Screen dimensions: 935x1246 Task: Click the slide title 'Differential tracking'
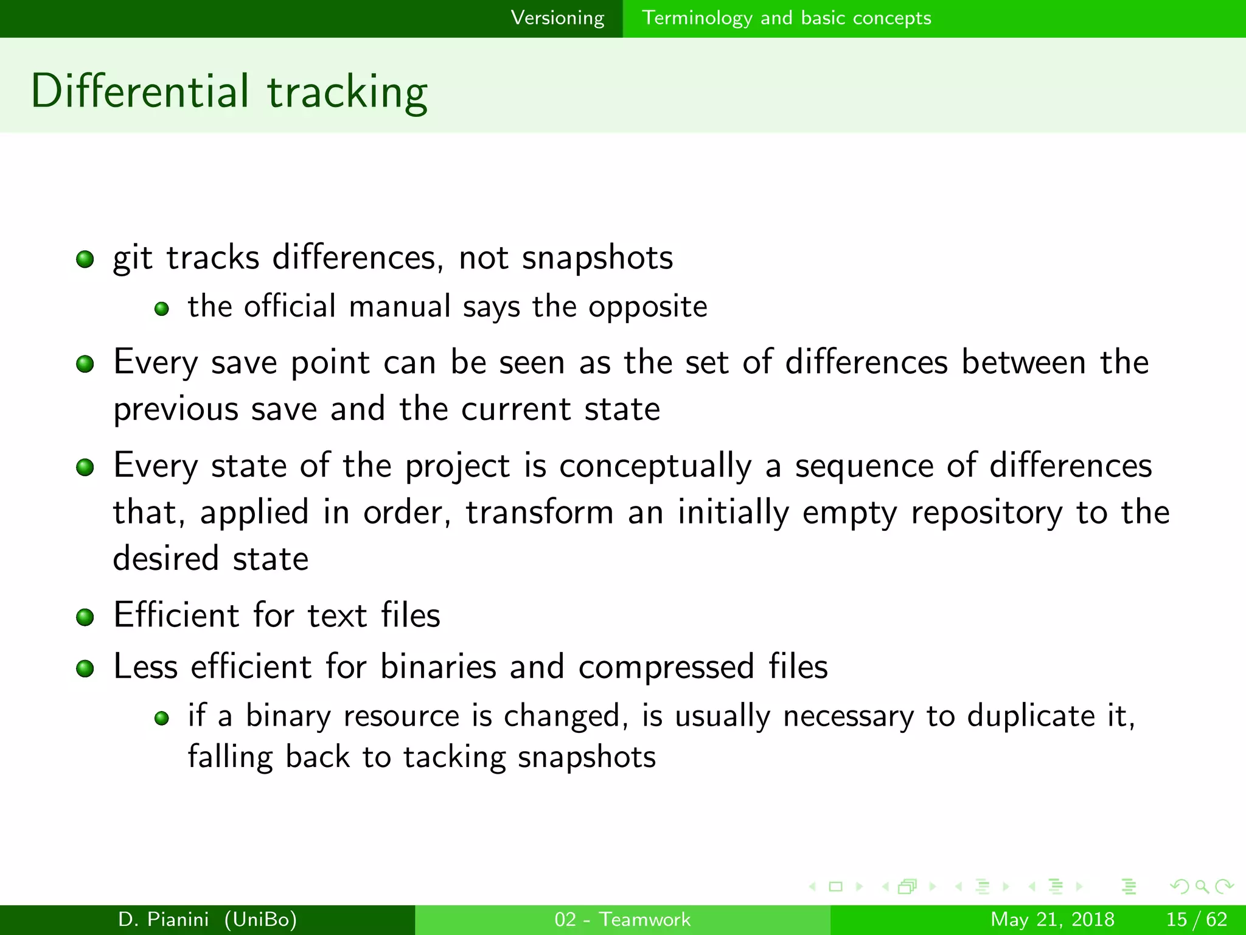(x=229, y=91)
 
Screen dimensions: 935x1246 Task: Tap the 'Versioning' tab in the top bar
(x=557, y=18)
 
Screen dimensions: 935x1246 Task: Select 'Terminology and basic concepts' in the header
(x=786, y=18)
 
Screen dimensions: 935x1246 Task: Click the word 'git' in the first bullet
(x=132, y=258)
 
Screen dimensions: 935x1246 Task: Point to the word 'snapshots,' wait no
(x=597, y=258)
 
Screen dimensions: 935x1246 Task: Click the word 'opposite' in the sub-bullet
(x=647, y=307)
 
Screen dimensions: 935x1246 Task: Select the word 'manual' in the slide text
(x=399, y=306)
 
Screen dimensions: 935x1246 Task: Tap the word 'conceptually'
(x=655, y=466)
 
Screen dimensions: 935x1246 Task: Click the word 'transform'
(x=539, y=512)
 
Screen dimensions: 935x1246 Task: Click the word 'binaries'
(x=438, y=667)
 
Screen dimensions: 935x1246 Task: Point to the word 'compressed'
(x=666, y=668)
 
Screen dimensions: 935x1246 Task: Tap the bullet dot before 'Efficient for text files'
(x=85, y=617)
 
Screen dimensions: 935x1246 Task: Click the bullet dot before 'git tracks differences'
(x=85, y=260)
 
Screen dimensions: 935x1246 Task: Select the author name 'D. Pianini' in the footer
(x=163, y=919)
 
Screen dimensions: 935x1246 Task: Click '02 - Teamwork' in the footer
(x=622, y=919)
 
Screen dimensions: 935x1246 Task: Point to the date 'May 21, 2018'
(x=1052, y=919)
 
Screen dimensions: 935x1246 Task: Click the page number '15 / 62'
(x=1196, y=919)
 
